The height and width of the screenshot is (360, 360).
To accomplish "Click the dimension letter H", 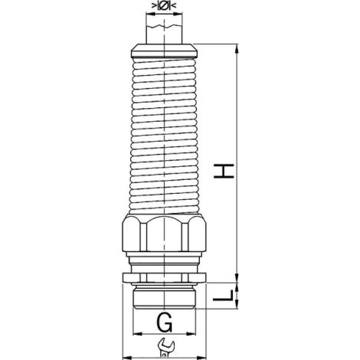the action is (224, 171).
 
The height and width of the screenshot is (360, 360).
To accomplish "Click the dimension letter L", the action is (224, 296).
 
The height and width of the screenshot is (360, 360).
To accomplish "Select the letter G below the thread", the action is (164, 322).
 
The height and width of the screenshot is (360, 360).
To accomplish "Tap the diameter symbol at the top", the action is (164, 5).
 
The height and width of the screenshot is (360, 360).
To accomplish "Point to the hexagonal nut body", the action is (163, 234).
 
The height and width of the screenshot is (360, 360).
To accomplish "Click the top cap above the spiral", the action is (164, 51).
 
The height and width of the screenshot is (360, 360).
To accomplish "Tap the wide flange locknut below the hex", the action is (164, 277).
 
